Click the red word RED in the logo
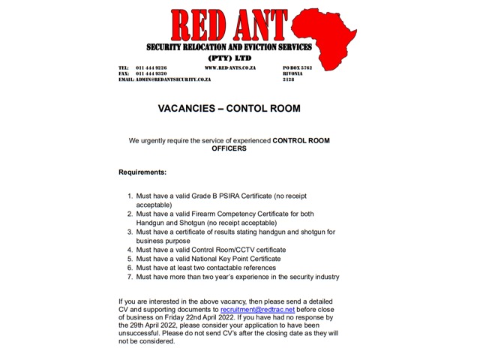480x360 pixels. click(199, 25)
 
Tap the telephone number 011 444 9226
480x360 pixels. click(151, 67)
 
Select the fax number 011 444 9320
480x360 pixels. click(151, 73)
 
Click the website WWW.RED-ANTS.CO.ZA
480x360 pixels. click(230, 67)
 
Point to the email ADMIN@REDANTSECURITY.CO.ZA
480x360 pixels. click(173, 79)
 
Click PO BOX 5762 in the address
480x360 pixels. click(297, 67)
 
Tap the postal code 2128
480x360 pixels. click(289, 79)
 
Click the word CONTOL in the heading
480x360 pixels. click(250, 109)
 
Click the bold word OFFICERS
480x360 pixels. click(229, 149)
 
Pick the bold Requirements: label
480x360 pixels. click(142, 172)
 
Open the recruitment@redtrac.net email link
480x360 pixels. click(257, 310)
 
